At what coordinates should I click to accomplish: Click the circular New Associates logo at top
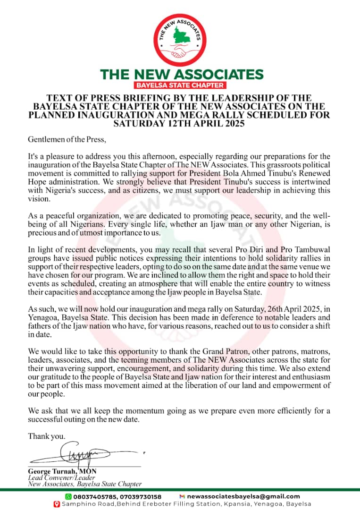pos(181,40)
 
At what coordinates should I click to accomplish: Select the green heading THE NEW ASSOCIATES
pos(182,74)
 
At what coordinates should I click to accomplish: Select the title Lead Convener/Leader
pos(57,477)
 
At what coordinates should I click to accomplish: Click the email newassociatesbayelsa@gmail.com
pos(243,496)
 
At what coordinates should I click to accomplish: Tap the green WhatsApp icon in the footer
pos(68,496)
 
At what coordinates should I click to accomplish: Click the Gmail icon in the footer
pos(182,496)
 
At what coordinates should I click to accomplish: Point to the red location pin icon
pos(57,504)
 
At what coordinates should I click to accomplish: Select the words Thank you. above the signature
pos(47,436)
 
